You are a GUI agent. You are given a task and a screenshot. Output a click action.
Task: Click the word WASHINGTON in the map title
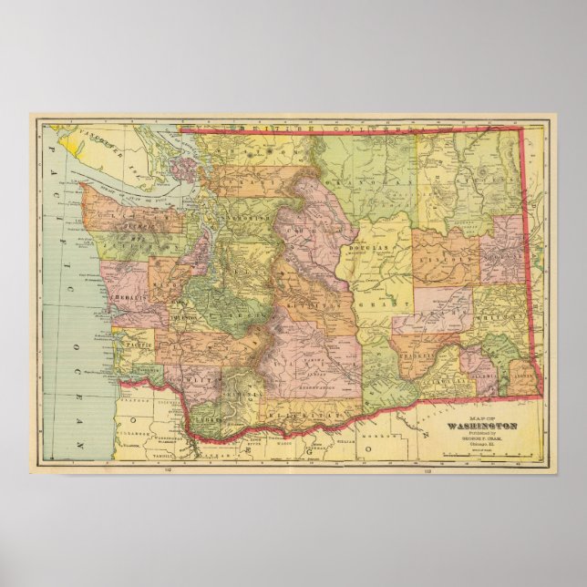pyautogui.click(x=482, y=426)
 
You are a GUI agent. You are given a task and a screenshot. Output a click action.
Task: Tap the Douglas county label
pyautogui.click(x=367, y=247)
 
